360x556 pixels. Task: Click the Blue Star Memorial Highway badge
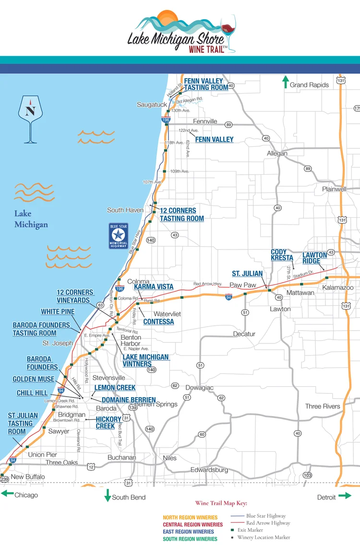click(x=118, y=236)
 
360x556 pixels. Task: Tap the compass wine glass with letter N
click(x=31, y=118)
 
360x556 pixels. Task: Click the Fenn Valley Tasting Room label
click(x=206, y=84)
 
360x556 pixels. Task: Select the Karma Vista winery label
click(x=154, y=286)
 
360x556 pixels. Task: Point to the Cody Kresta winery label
click(x=282, y=255)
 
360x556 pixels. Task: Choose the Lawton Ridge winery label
click(x=314, y=258)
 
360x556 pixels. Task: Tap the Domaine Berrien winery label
click(x=129, y=400)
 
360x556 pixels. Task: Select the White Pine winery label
click(x=58, y=312)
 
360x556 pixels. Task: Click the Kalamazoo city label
click(x=337, y=287)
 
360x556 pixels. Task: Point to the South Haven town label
click(x=125, y=210)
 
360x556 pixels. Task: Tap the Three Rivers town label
click(x=323, y=406)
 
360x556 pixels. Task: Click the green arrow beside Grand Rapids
click(x=285, y=82)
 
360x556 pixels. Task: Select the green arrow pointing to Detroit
click(x=345, y=496)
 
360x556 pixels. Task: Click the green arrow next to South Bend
click(x=108, y=496)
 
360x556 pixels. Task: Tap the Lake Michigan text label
click(x=31, y=219)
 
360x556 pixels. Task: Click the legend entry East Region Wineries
click(x=188, y=532)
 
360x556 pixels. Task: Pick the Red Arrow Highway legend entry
click(x=268, y=523)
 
